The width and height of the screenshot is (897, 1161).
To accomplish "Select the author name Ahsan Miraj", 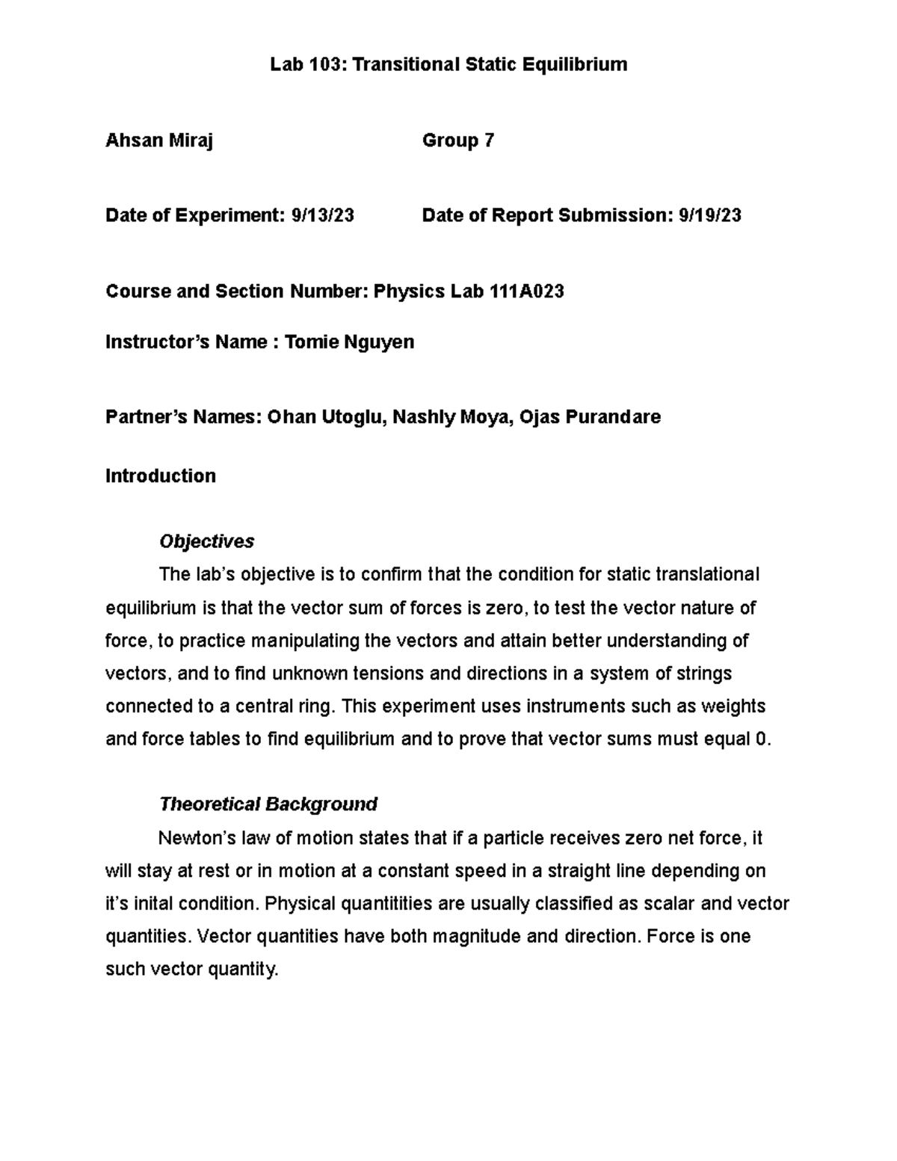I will click(x=159, y=141).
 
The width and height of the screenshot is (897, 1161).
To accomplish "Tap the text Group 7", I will click(x=457, y=141).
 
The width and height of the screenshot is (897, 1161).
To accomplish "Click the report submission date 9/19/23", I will click(x=709, y=216).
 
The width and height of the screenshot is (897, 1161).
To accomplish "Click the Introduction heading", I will click(x=161, y=476).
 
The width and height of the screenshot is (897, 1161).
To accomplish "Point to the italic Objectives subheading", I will click(x=207, y=541).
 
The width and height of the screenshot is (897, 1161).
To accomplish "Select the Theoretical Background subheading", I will click(x=268, y=804).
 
